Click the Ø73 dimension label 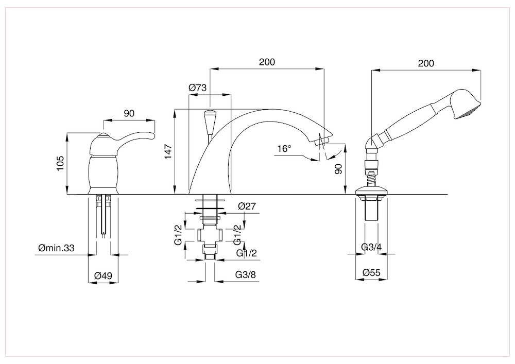[198, 88]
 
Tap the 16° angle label [284, 149]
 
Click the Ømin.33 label [56, 248]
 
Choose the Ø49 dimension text [102, 276]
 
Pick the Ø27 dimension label [248, 206]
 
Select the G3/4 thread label [371, 248]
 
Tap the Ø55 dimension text [371, 272]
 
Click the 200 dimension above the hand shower [426, 63]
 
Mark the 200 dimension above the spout [267, 62]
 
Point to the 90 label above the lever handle [129, 113]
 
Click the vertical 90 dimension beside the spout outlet [338, 169]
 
